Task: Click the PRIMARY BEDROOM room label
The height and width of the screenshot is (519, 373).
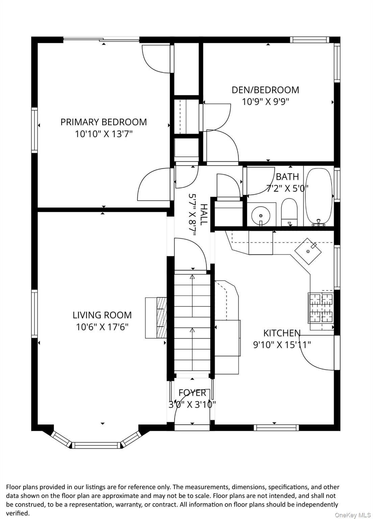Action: (103, 122)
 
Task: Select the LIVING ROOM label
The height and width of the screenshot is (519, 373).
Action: (102, 315)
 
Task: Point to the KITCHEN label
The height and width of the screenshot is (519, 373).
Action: (281, 333)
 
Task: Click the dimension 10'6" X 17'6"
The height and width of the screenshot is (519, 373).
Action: (102, 327)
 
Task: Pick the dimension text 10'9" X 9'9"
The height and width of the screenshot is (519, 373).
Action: (265, 101)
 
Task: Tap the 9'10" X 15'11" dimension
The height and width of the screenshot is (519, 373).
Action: (282, 345)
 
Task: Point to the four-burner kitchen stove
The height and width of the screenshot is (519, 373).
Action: (320, 307)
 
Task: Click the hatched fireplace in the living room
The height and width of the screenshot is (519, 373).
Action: (161, 317)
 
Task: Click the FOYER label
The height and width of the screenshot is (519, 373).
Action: (192, 393)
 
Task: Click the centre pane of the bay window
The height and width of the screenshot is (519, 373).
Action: (97, 445)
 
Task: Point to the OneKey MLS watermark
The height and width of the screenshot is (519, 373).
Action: (352, 515)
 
